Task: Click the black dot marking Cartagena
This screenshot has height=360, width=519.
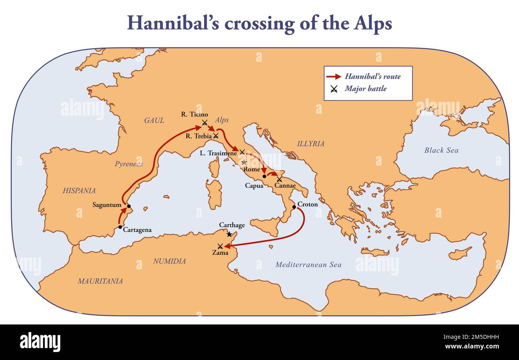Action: [x=120, y=227]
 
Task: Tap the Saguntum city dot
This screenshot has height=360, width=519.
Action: [x=129, y=206]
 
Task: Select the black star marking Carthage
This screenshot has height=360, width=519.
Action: [x=229, y=234]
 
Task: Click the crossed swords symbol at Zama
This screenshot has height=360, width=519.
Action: [x=220, y=246]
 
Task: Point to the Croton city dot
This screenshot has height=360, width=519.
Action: [x=294, y=207]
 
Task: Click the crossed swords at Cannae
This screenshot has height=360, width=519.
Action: [x=279, y=179]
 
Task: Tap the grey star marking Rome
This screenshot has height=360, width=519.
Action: [x=244, y=162]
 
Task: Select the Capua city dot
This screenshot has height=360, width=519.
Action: [x=264, y=176]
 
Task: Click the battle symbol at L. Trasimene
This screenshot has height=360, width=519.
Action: [x=242, y=152]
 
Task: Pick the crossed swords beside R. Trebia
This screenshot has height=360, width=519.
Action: [x=216, y=136]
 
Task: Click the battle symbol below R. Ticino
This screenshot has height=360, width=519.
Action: [x=204, y=122]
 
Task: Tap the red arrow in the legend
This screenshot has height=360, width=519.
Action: [x=334, y=77]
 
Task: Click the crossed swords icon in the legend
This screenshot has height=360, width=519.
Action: [x=334, y=89]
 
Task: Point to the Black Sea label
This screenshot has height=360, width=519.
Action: [x=441, y=150]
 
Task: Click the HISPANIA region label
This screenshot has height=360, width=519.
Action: [x=79, y=191]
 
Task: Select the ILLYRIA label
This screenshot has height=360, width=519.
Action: [x=310, y=144]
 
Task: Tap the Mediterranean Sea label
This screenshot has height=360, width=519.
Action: [x=308, y=265]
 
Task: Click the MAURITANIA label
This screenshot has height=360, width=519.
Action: [x=100, y=281]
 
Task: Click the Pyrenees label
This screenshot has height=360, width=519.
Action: [x=129, y=164]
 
